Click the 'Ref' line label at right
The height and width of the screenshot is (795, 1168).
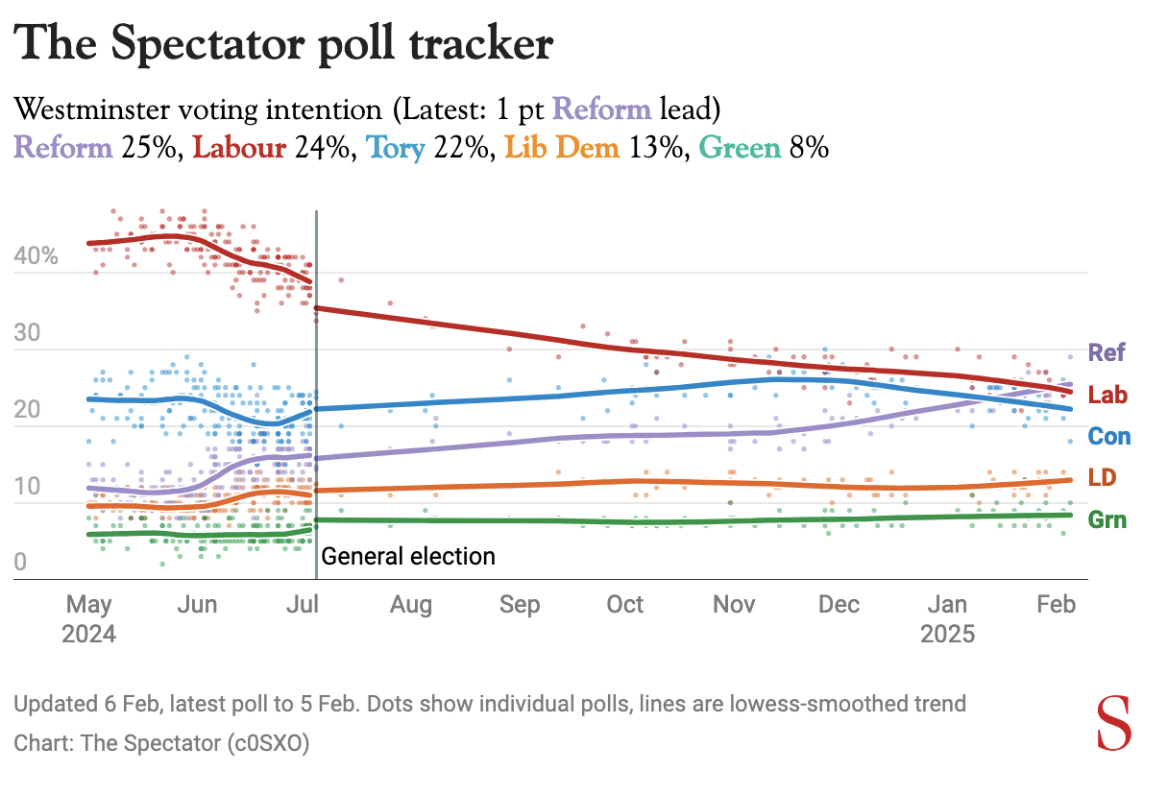[1107, 352]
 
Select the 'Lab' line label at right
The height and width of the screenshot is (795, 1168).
[1107, 395]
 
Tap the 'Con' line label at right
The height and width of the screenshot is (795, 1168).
[1108, 437]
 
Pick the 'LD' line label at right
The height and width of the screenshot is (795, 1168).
[1102, 478]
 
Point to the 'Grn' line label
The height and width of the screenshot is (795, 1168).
[1107, 520]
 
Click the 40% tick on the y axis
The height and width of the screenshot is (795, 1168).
[36, 257]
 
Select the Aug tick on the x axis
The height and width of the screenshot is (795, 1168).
[410, 605]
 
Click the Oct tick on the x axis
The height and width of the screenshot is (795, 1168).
[625, 605]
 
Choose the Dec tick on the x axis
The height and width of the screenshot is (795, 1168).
[839, 605]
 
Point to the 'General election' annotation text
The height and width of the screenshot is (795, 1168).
[408, 556]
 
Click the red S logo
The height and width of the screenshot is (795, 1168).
[1115, 724]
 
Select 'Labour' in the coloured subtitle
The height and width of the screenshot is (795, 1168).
[239, 148]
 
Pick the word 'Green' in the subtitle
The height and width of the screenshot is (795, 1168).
[739, 148]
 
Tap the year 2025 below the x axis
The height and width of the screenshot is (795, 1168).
[947, 635]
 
